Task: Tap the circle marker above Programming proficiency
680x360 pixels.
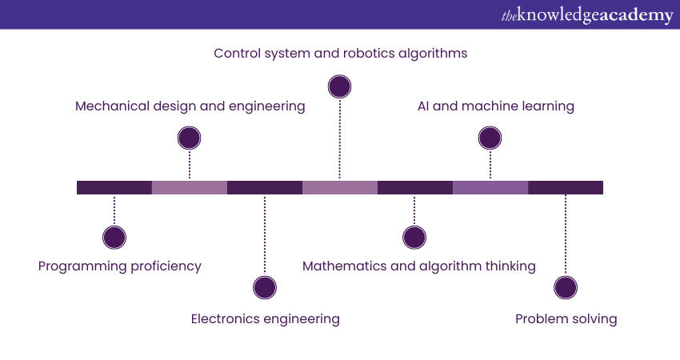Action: pyautogui.click(x=114, y=238)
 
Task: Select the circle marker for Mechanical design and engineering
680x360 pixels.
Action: pyautogui.click(x=189, y=138)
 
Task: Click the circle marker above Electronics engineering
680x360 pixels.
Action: pyautogui.click(x=264, y=288)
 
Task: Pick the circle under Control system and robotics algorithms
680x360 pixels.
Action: pyautogui.click(x=340, y=86)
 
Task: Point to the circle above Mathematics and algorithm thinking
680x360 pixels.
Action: pyautogui.click(x=414, y=238)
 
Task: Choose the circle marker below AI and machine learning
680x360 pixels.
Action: pyautogui.click(x=490, y=138)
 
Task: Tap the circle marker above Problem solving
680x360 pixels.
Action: pyautogui.click(x=566, y=288)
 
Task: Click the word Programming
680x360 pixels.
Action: pyautogui.click(x=78, y=266)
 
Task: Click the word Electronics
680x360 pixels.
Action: pyautogui.click(x=227, y=319)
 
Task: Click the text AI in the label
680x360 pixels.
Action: pyautogui.click(x=425, y=106)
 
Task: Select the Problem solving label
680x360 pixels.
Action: pyautogui.click(x=566, y=319)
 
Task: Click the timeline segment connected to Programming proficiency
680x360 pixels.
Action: pyautogui.click(x=114, y=188)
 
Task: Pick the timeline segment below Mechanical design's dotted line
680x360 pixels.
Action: pyautogui.click(x=190, y=188)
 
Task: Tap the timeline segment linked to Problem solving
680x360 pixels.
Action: pyautogui.click(x=566, y=188)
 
